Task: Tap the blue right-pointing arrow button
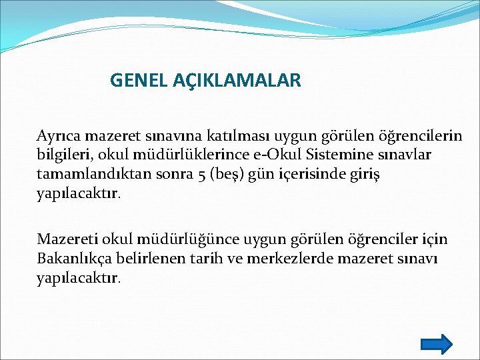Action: point(437,344)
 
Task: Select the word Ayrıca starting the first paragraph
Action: point(58,136)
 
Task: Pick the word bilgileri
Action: point(60,155)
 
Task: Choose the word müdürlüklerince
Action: point(177,155)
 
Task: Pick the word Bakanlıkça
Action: point(73,258)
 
